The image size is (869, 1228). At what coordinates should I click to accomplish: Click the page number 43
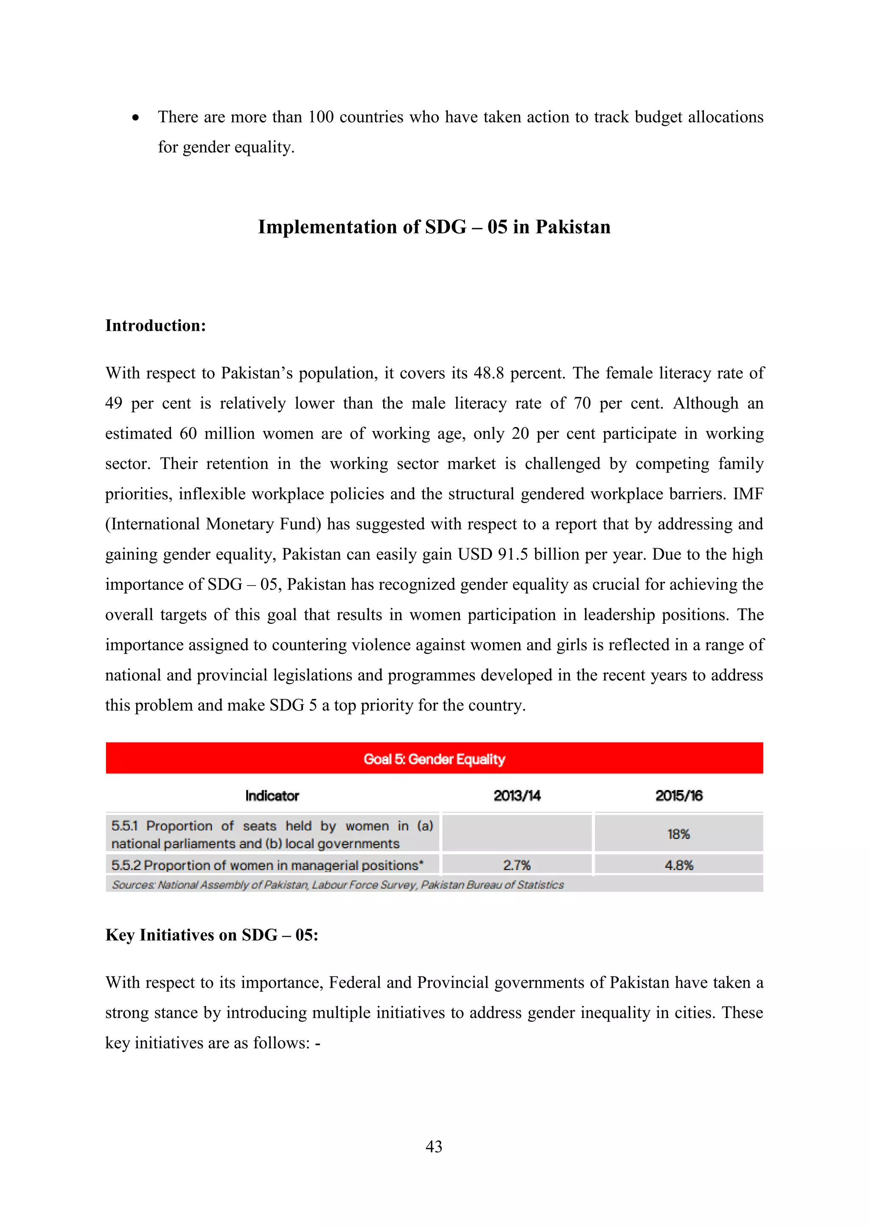(x=434, y=1146)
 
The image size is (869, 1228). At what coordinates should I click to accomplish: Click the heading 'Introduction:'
(x=156, y=325)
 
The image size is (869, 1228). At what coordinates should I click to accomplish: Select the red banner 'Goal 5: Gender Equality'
(x=434, y=759)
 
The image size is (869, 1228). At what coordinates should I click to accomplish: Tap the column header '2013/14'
(x=517, y=796)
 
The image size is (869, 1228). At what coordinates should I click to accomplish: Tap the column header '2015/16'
(x=678, y=796)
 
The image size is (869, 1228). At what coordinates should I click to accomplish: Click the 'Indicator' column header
(x=272, y=796)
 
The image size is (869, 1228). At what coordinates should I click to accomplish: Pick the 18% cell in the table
(x=678, y=834)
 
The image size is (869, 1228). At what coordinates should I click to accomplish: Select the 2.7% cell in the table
(x=517, y=865)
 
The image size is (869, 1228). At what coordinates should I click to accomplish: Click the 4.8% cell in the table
(x=678, y=865)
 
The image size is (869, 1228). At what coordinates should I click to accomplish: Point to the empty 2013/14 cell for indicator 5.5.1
(x=517, y=833)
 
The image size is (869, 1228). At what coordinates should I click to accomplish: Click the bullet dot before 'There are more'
(x=136, y=117)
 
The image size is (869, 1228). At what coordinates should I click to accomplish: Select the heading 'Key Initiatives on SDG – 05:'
(x=211, y=935)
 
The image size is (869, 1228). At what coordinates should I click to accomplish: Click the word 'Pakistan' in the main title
(x=572, y=227)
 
